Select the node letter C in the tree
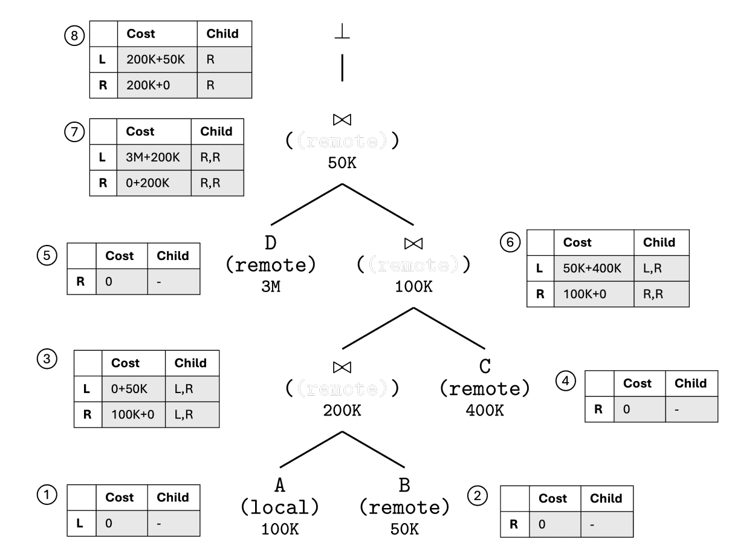click(485, 366)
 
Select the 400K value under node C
click(485, 411)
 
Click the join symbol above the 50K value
click(343, 119)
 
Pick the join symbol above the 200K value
click(343, 366)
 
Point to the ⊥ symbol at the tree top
click(342, 31)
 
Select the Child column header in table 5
click(173, 256)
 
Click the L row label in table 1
click(80, 523)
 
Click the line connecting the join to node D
click(306, 203)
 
